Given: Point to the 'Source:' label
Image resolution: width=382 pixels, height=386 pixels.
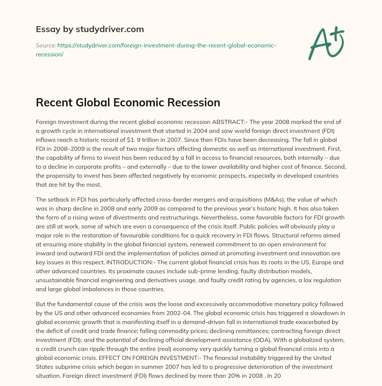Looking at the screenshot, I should (x=46, y=45).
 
